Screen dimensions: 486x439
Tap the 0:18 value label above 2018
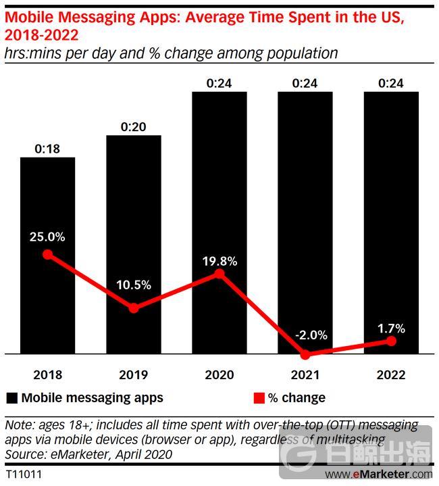pyautogui.click(x=47, y=149)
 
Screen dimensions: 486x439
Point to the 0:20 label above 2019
pyautogui.click(x=133, y=126)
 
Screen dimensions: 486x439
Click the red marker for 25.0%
pyautogui.click(x=47, y=254)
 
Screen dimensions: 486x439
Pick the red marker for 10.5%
pyautogui.click(x=133, y=308)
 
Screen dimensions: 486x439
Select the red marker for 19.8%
pyautogui.click(x=219, y=273)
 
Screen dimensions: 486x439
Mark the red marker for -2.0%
pyautogui.click(x=305, y=354)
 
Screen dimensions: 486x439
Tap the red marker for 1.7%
pyautogui.click(x=391, y=341)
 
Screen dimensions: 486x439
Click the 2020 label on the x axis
pyautogui.click(x=219, y=375)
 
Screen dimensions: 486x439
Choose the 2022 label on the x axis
pyautogui.click(x=391, y=375)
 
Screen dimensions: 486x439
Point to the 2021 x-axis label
pyautogui.click(x=305, y=375)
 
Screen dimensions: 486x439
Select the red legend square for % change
pyautogui.click(x=258, y=397)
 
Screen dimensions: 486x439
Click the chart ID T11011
pyautogui.click(x=23, y=475)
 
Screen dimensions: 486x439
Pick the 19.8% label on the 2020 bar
pyautogui.click(x=219, y=260)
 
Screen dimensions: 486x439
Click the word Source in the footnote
pyautogui.click(x=22, y=454)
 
